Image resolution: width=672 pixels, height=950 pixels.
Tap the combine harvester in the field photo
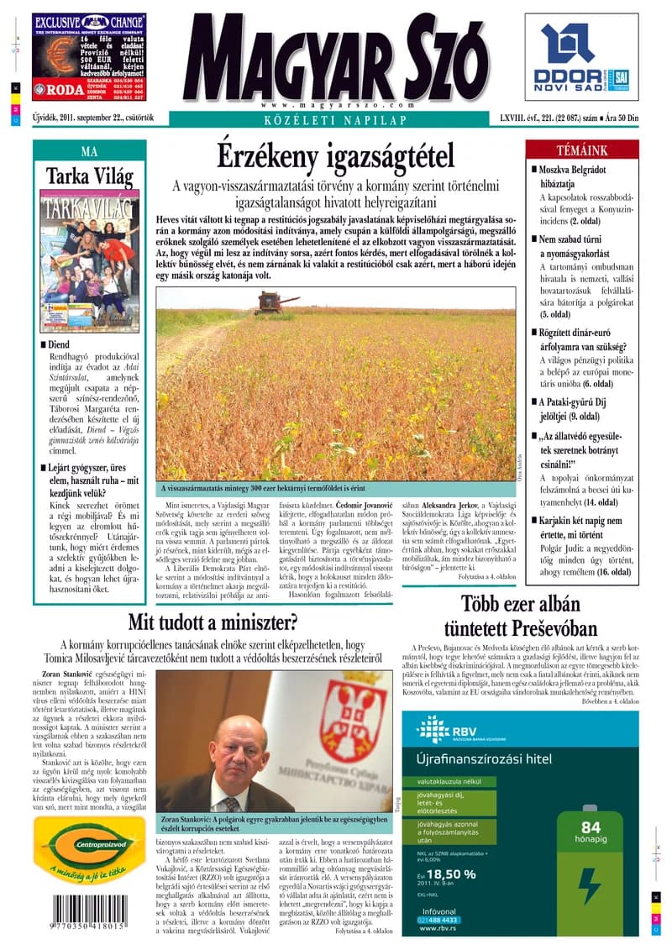point(277,302)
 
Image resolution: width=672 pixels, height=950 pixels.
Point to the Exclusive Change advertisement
point(89,56)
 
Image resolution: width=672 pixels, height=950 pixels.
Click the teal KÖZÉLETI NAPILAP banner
point(336,120)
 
